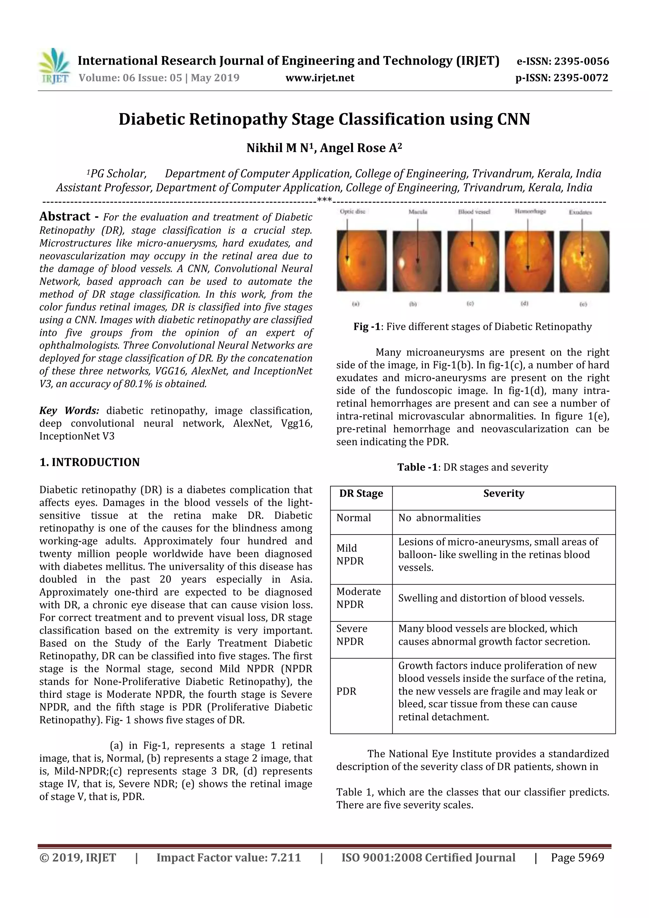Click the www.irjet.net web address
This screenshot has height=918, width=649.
[x=319, y=78]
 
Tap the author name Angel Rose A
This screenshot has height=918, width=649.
[x=360, y=148]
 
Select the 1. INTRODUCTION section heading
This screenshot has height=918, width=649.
[x=90, y=462]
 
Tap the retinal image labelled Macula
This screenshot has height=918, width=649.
[x=417, y=261]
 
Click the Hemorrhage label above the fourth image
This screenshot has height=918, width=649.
[x=530, y=211]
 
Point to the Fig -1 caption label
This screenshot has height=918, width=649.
[x=366, y=327]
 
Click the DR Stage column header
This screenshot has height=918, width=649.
[x=361, y=493]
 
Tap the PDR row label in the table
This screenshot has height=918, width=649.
[x=346, y=691]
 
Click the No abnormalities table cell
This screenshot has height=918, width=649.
[x=439, y=518]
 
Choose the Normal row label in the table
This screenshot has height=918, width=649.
[x=353, y=518]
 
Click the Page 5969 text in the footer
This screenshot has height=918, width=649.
[x=577, y=857]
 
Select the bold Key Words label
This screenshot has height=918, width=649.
[x=69, y=411]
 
